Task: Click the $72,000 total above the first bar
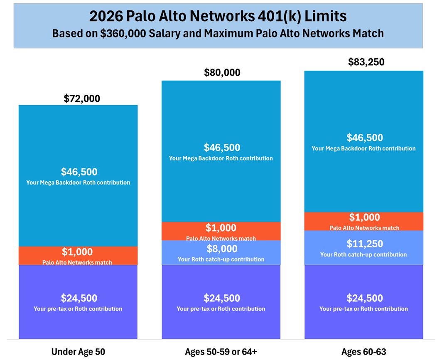82,99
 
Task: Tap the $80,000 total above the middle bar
222,73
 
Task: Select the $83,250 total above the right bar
366,62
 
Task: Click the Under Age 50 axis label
78,352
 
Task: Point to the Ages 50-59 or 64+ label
221,352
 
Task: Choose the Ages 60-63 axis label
363,352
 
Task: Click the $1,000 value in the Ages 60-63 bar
364,217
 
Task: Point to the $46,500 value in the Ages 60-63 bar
364,138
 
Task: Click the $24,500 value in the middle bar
222,298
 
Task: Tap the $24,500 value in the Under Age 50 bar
79,298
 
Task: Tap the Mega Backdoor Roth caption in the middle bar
221,158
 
